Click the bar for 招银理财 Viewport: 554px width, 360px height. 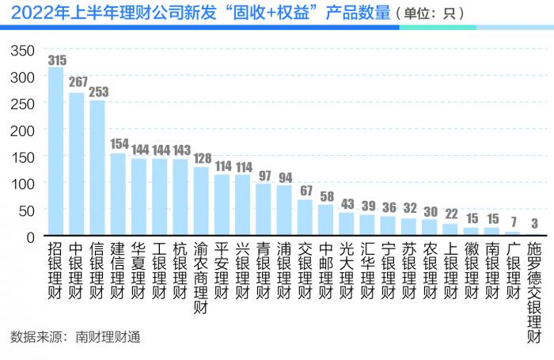[x=55, y=151]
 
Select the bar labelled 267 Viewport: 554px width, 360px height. [x=77, y=165]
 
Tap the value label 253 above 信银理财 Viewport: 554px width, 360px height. [x=98, y=92]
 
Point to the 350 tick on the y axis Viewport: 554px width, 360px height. [x=23, y=50]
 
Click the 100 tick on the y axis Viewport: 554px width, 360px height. [x=23, y=184]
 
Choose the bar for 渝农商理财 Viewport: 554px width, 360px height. [x=201, y=202]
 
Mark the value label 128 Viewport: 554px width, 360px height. [x=201, y=158]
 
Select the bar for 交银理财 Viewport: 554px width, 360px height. [x=305, y=218]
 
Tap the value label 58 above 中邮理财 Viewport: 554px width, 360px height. [x=325, y=195]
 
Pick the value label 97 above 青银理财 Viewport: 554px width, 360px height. [x=264, y=175]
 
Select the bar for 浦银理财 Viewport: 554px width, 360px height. [x=284, y=210]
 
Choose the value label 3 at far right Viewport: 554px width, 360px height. [x=534, y=225]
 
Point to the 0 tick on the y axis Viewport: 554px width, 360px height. [x=30, y=237]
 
